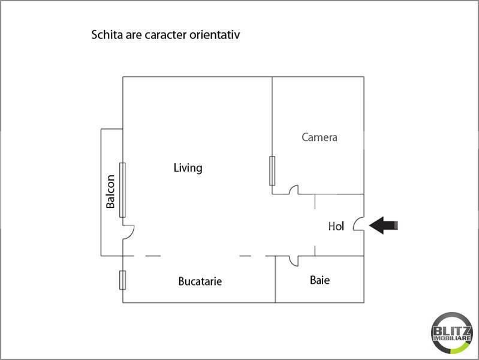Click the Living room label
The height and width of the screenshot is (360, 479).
(x=188, y=168)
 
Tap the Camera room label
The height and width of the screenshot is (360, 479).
(x=320, y=137)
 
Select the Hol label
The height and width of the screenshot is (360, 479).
(x=336, y=226)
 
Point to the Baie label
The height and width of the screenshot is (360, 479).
(x=320, y=280)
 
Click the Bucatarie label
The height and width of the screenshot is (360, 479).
(x=200, y=281)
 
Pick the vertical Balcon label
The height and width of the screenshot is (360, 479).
(x=110, y=191)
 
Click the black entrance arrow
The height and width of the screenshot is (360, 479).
(x=384, y=226)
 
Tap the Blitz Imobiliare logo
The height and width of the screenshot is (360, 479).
(x=452, y=333)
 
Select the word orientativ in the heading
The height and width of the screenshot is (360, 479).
(x=215, y=35)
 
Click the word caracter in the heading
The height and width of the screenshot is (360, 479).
(x=165, y=35)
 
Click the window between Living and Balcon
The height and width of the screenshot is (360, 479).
(x=122, y=190)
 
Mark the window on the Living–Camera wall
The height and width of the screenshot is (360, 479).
(x=272, y=170)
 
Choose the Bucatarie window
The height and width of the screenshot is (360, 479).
(x=122, y=280)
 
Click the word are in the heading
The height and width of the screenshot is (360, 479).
(x=134, y=35)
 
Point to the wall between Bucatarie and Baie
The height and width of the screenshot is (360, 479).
(x=275, y=279)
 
